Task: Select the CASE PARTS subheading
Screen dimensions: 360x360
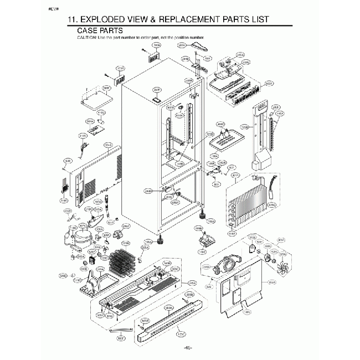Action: pyautogui.click(x=100, y=30)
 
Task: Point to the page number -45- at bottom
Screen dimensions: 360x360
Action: pyautogui.click(x=187, y=347)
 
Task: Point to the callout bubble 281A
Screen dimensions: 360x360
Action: pyautogui.click(x=181, y=44)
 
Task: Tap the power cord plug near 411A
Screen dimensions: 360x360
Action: pyautogui.click(x=84, y=147)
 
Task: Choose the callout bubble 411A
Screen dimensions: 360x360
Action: pyautogui.click(x=83, y=135)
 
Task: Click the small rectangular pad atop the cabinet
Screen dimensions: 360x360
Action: pyautogui.click(x=157, y=99)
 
